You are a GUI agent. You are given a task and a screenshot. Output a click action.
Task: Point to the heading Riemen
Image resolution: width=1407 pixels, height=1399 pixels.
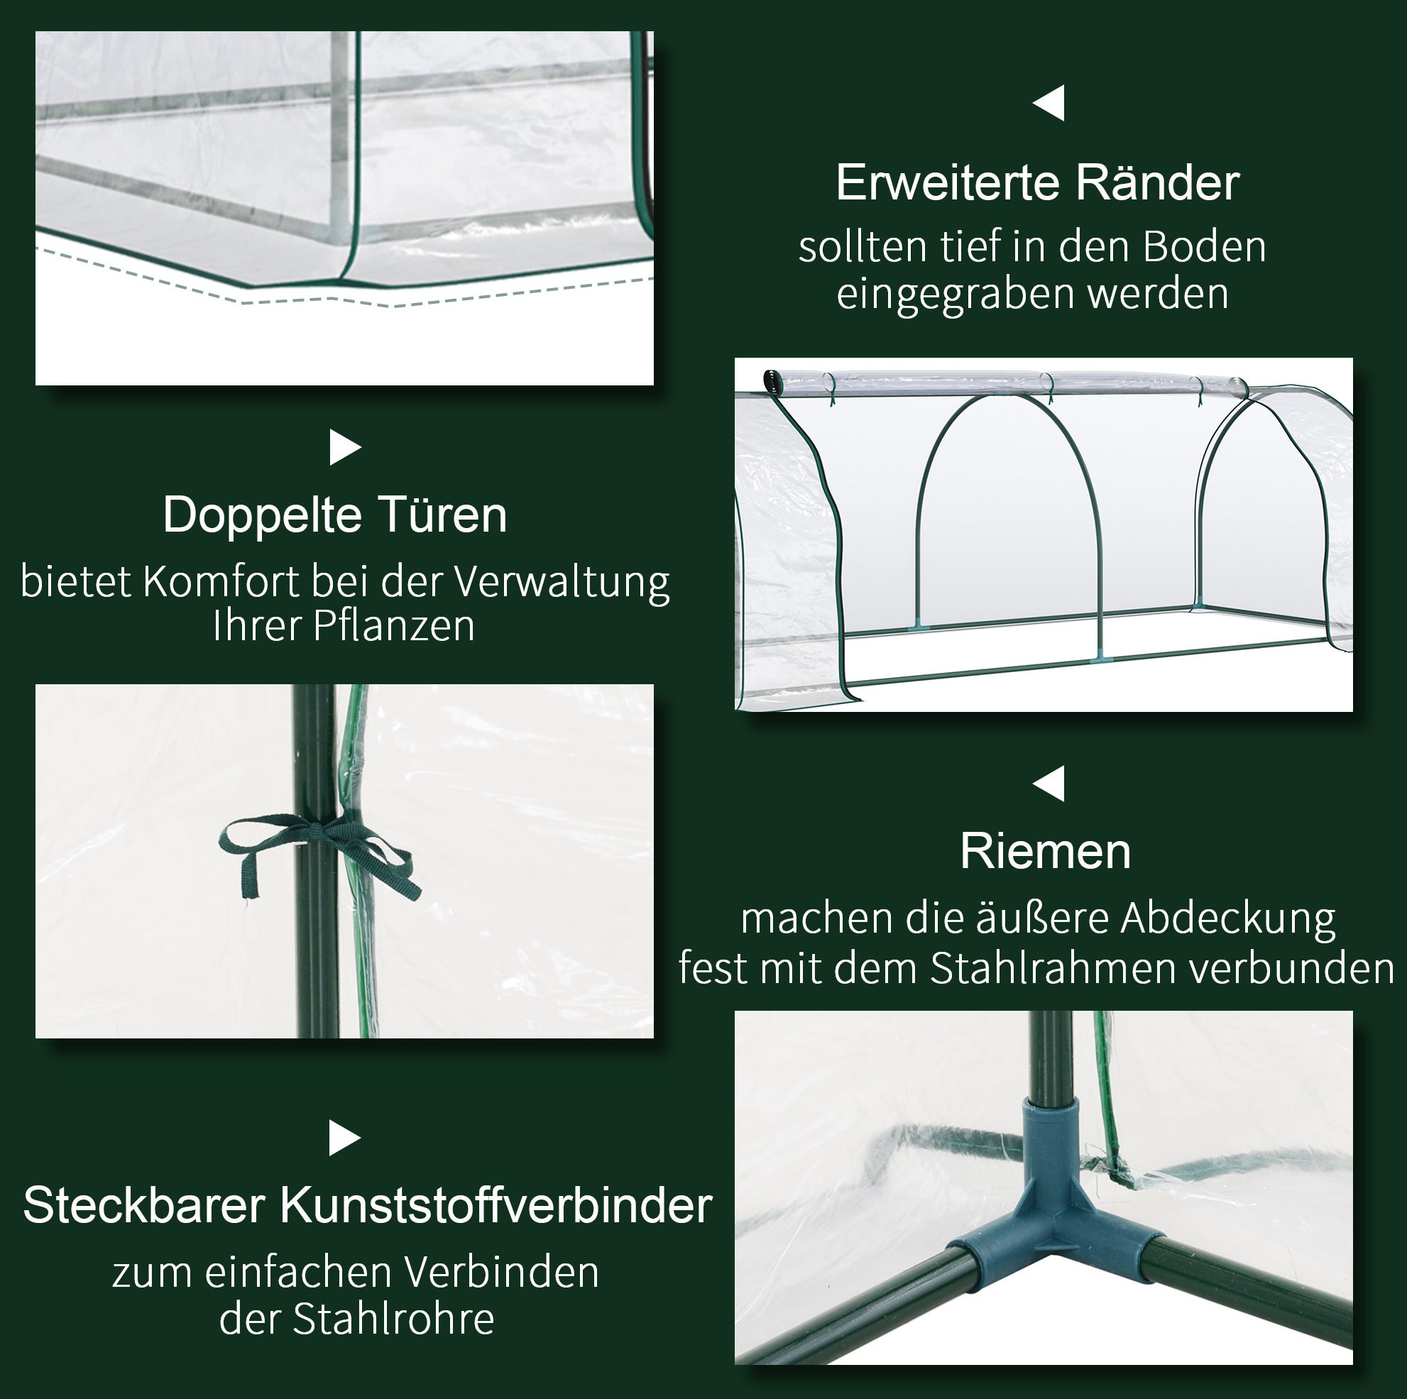pos(1045,850)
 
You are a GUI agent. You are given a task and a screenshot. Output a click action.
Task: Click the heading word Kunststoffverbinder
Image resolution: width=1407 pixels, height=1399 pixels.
pos(496,1205)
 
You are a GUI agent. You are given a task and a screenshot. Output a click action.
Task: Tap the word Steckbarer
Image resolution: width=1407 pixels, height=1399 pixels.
pos(143,1205)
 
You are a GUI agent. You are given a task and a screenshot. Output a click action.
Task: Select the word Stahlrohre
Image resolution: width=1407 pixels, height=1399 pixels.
pos(393,1318)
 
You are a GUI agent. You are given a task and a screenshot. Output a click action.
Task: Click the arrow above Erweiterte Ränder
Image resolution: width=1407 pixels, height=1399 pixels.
pos(1049,103)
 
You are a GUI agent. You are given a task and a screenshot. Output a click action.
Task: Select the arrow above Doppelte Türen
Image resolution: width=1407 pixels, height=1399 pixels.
pos(345,447)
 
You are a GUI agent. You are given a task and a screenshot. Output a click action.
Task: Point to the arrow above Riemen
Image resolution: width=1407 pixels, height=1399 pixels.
pos(1049,784)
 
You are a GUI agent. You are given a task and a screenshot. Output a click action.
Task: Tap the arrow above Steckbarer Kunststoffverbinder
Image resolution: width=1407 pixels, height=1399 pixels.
pos(345,1139)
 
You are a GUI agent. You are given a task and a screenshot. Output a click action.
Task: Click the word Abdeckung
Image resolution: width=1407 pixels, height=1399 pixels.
pos(1227,919)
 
